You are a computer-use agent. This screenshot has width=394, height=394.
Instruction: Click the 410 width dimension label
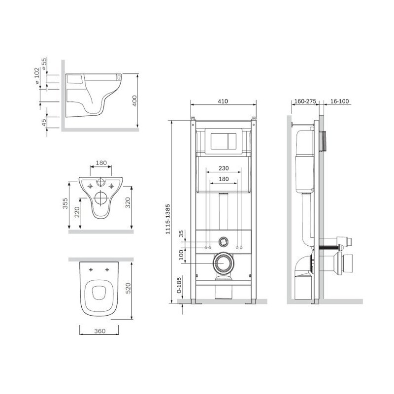[x=223, y=101]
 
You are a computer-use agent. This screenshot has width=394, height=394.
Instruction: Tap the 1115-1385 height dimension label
[x=168, y=219]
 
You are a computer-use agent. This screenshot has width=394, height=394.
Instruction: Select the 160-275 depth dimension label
[x=305, y=101]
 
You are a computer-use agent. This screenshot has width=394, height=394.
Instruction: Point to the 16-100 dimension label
[x=339, y=101]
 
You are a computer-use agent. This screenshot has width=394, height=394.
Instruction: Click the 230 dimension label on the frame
[x=224, y=168]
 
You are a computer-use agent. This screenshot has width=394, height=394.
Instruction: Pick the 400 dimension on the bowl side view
[x=134, y=101]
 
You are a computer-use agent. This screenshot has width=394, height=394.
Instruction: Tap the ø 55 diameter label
[x=44, y=64]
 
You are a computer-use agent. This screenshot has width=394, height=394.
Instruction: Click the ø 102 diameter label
[x=36, y=76]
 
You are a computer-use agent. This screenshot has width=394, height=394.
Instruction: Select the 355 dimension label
[x=65, y=203]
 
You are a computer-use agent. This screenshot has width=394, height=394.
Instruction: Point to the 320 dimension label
[x=128, y=203]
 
